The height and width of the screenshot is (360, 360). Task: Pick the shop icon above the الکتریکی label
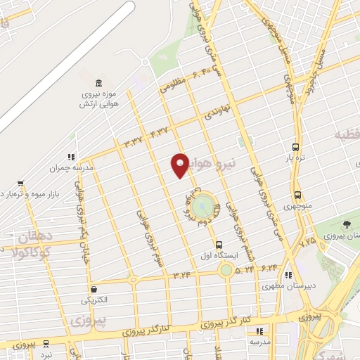(94, 288)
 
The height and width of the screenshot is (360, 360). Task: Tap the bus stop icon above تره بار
(296, 148)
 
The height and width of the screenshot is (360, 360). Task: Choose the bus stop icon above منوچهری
(297, 195)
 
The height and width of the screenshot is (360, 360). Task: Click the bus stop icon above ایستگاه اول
(219, 244)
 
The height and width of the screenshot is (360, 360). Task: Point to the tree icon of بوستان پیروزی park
(347, 224)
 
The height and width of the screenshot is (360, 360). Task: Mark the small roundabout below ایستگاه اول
(226, 269)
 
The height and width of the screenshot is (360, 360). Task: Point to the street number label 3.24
(181, 275)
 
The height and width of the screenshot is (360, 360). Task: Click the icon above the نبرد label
(46, 344)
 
